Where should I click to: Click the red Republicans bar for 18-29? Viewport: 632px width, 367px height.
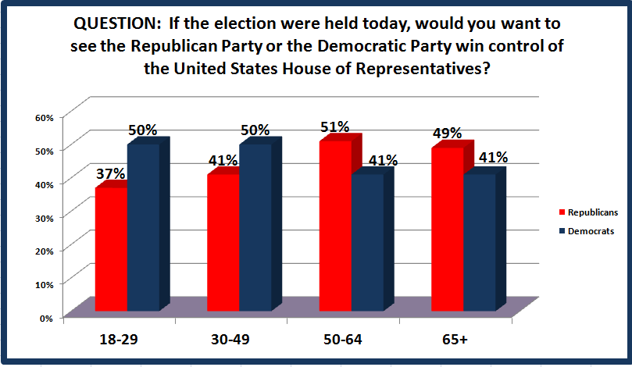pos(111,249)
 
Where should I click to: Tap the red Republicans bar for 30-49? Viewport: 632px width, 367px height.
pos(223,243)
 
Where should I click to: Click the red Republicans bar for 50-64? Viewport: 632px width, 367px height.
pos(335,226)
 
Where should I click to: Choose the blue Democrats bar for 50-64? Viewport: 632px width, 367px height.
pos(368,243)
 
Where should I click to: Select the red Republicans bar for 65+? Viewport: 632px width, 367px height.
pos(448,230)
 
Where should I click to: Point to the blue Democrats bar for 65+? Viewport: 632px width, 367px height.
pos(480,243)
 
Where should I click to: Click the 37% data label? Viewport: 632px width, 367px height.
pos(110,173)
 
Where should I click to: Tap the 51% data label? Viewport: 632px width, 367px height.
pos(334,127)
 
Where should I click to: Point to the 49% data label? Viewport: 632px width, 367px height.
pos(447,133)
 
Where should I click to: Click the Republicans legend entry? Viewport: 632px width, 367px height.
pos(588,212)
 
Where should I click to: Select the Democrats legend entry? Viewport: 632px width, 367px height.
pos(587,231)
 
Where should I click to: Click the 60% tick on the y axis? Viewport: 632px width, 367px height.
pos(45,118)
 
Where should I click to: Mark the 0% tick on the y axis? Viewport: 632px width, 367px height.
pos(46,319)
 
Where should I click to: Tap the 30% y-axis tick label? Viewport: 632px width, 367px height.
pos(45,218)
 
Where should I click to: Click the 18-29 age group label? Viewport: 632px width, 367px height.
pos(119,339)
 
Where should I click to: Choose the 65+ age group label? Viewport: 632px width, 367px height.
pos(455,339)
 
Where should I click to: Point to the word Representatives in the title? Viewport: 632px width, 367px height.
pos(423,69)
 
